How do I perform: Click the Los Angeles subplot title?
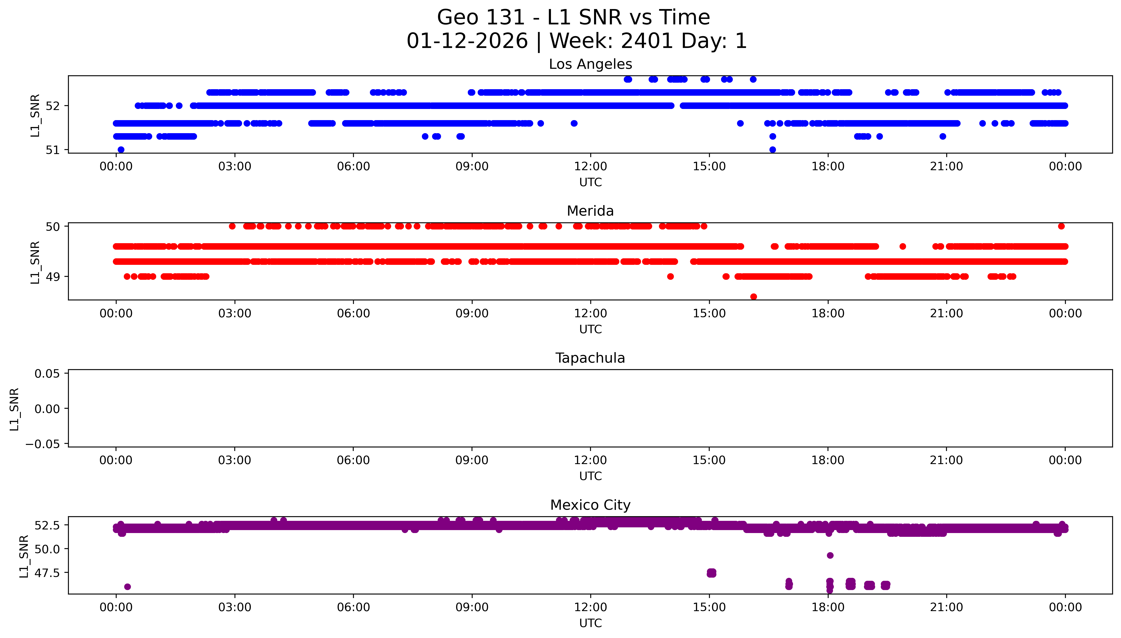(590, 64)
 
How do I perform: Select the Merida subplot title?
(590, 211)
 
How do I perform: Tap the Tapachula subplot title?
(590, 358)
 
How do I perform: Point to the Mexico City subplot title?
(590, 505)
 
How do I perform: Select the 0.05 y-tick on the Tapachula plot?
(47, 374)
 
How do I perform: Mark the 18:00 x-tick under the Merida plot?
(828, 313)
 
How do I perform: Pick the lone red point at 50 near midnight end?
(1061, 226)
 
